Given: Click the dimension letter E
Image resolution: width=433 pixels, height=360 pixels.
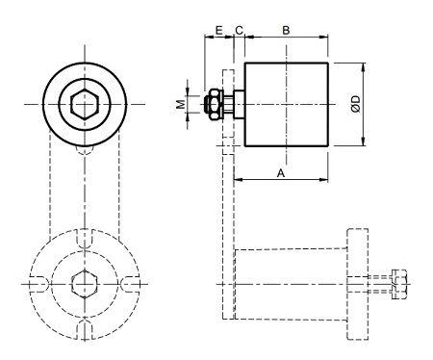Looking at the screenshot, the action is pyautogui.click(x=218, y=31).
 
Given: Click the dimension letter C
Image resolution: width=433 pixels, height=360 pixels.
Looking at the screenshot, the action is pyautogui.click(x=239, y=31).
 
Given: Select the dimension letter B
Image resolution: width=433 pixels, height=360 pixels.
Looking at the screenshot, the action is pyautogui.click(x=286, y=31).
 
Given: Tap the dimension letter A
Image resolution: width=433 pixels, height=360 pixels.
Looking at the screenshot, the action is pyautogui.click(x=281, y=173).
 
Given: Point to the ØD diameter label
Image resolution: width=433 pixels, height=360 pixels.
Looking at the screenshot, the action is pyautogui.click(x=356, y=104).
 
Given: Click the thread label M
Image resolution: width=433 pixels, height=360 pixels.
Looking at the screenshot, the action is pyautogui.click(x=181, y=104).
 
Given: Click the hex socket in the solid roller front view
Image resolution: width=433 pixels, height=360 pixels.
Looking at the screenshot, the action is pyautogui.click(x=85, y=104).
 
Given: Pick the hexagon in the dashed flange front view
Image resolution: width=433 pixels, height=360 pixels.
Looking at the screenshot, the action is pyautogui.click(x=85, y=284).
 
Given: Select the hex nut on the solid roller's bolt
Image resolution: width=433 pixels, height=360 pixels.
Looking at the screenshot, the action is pyautogui.click(x=215, y=104).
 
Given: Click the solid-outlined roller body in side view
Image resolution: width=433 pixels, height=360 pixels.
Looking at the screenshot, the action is pyautogui.click(x=287, y=104).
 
